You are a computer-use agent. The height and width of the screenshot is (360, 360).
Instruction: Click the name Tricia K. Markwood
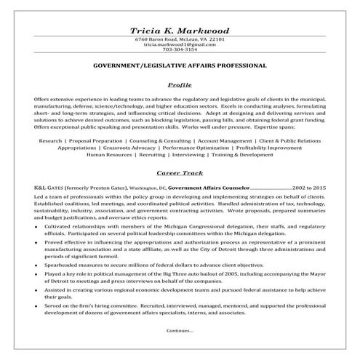[180, 31]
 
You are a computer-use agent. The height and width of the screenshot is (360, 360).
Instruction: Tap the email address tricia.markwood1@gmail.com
[180, 45]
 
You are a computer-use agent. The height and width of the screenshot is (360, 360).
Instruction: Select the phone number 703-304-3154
[180, 50]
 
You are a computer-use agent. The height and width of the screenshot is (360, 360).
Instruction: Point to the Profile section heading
[180, 84]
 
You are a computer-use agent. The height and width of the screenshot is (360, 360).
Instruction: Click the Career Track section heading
[180, 174]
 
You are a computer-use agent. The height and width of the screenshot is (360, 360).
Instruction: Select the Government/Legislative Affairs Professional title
[180, 65]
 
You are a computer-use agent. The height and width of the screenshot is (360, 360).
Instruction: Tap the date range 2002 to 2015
[309, 188]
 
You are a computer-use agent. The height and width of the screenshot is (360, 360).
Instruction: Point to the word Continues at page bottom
[180, 331]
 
